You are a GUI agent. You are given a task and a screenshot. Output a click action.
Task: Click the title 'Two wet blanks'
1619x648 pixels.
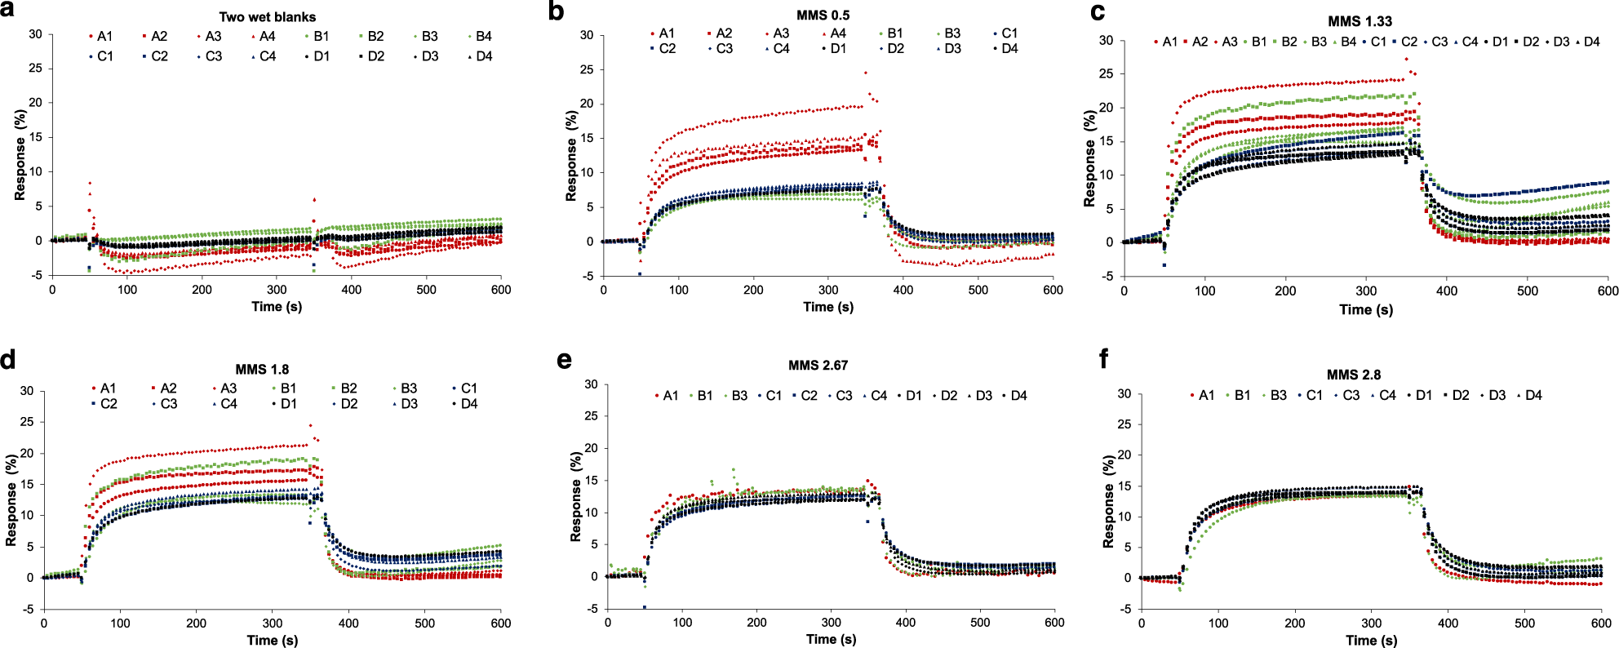tap(267, 16)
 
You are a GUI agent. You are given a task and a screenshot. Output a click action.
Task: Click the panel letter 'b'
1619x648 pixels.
tap(557, 11)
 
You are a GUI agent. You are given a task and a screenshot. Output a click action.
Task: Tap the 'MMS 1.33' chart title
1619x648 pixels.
tap(1360, 21)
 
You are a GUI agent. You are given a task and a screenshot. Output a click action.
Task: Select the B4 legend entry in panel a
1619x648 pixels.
tap(482, 36)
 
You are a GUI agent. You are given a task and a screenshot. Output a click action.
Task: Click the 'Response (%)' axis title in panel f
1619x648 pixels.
tap(1108, 501)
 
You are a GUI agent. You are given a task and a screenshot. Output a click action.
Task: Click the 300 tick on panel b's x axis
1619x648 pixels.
tap(828, 290)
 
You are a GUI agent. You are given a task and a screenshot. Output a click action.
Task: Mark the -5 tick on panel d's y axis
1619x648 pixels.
tap(28, 609)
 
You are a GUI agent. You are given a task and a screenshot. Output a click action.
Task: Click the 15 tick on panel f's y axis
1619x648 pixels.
tap(1124, 486)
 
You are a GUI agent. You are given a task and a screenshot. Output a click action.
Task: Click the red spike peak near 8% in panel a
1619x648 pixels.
tap(89, 184)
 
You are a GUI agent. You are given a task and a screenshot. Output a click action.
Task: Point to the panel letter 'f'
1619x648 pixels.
tap(1104, 358)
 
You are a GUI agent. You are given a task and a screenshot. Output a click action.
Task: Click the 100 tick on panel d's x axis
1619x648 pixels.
tap(120, 624)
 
